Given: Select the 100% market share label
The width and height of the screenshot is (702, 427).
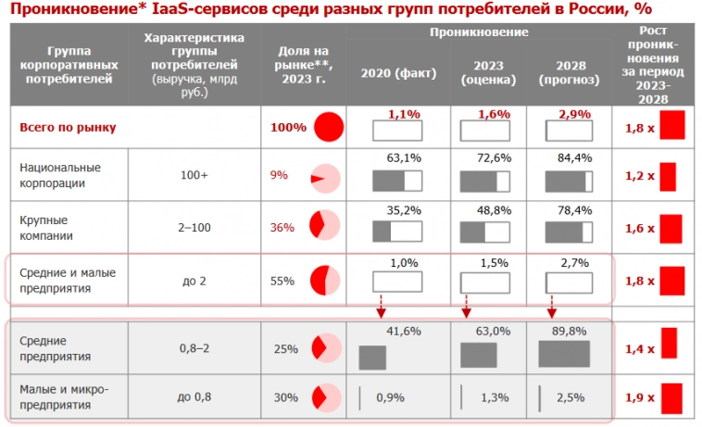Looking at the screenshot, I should (x=288, y=127).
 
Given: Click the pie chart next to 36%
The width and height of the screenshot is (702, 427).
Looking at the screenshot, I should (x=324, y=227).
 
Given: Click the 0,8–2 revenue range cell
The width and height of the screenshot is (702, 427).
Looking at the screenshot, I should (x=194, y=348).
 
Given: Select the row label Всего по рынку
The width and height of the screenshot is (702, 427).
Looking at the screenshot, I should (x=69, y=127).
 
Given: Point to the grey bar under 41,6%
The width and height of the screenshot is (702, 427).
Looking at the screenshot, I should (x=372, y=358).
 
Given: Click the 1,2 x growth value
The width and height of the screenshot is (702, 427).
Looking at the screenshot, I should (x=639, y=175).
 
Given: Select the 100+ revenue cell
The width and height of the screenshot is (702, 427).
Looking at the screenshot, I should (x=194, y=174).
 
